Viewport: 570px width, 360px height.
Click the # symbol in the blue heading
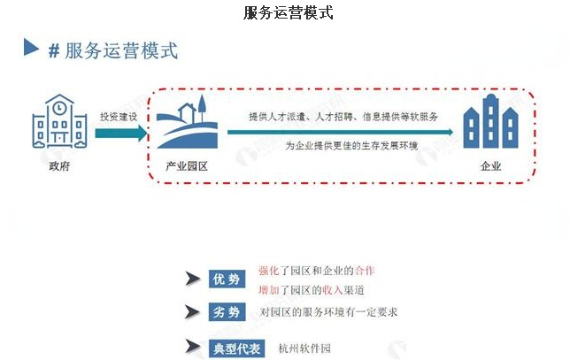tap(53, 50)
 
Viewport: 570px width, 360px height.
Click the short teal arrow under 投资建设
tap(118, 132)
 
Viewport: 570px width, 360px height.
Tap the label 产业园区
tap(187, 165)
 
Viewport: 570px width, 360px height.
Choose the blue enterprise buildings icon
tap(490, 124)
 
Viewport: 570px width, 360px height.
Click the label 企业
tap(490, 165)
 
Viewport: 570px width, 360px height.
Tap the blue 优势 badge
tap(227, 280)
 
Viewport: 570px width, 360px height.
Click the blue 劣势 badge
tap(227, 312)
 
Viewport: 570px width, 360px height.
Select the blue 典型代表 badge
tap(237, 348)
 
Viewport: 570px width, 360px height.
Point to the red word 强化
tap(267, 270)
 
